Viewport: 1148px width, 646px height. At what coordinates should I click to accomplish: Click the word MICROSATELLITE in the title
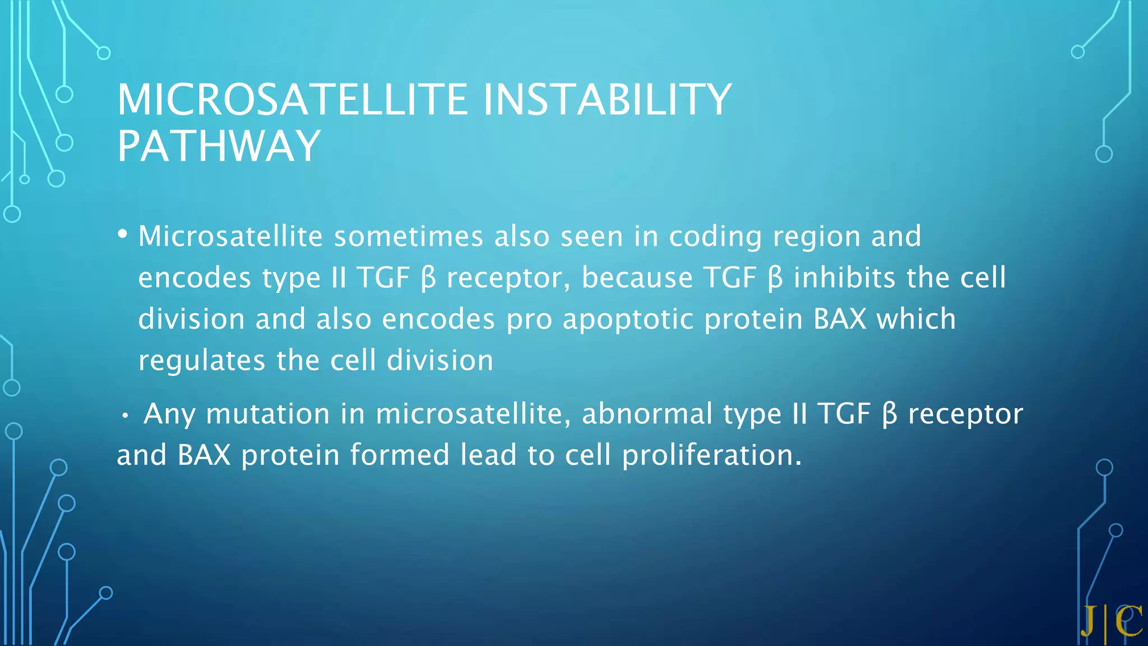(291, 99)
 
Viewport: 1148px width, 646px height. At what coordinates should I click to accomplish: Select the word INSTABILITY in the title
(607, 99)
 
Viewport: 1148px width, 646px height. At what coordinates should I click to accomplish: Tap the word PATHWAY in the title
(219, 146)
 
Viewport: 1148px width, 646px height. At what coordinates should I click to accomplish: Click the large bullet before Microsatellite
(123, 234)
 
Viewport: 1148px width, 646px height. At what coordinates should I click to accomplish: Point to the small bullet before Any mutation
(126, 416)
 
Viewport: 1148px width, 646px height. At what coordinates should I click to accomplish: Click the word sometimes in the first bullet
(409, 236)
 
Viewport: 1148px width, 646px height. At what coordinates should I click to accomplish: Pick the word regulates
(202, 361)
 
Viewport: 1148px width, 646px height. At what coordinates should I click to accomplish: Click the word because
(637, 278)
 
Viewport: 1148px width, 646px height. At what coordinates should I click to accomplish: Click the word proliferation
(712, 455)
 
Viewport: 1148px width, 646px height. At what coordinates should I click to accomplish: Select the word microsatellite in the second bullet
(473, 414)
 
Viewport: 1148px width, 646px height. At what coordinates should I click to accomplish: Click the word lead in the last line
(488, 455)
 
